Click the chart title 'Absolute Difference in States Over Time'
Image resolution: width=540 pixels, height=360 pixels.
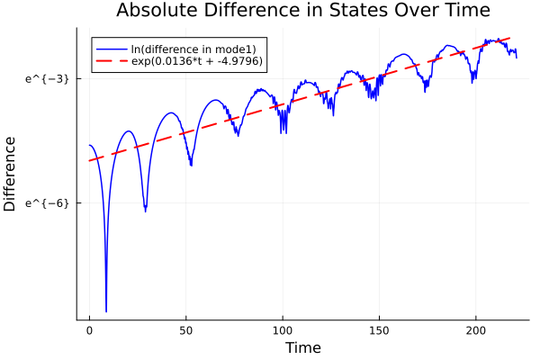[x=303, y=12]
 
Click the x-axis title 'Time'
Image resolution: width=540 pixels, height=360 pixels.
[x=302, y=347]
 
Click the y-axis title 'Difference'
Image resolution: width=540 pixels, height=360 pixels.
[x=11, y=174]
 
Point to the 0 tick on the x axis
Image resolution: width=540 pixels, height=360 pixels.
[x=89, y=330]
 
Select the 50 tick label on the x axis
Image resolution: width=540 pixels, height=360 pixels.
[x=186, y=330]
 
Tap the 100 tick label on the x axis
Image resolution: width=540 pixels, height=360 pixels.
[x=283, y=330]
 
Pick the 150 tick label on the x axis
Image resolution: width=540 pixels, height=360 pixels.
[x=379, y=330]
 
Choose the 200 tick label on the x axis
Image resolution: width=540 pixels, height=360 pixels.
[x=475, y=330]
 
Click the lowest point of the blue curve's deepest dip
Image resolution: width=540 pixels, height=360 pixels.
[x=106, y=311]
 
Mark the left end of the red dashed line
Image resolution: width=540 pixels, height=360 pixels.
[x=89, y=161]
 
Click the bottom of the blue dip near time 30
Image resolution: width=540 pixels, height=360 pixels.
[x=145, y=211]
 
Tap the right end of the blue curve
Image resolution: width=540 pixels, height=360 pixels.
[x=516, y=57]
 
